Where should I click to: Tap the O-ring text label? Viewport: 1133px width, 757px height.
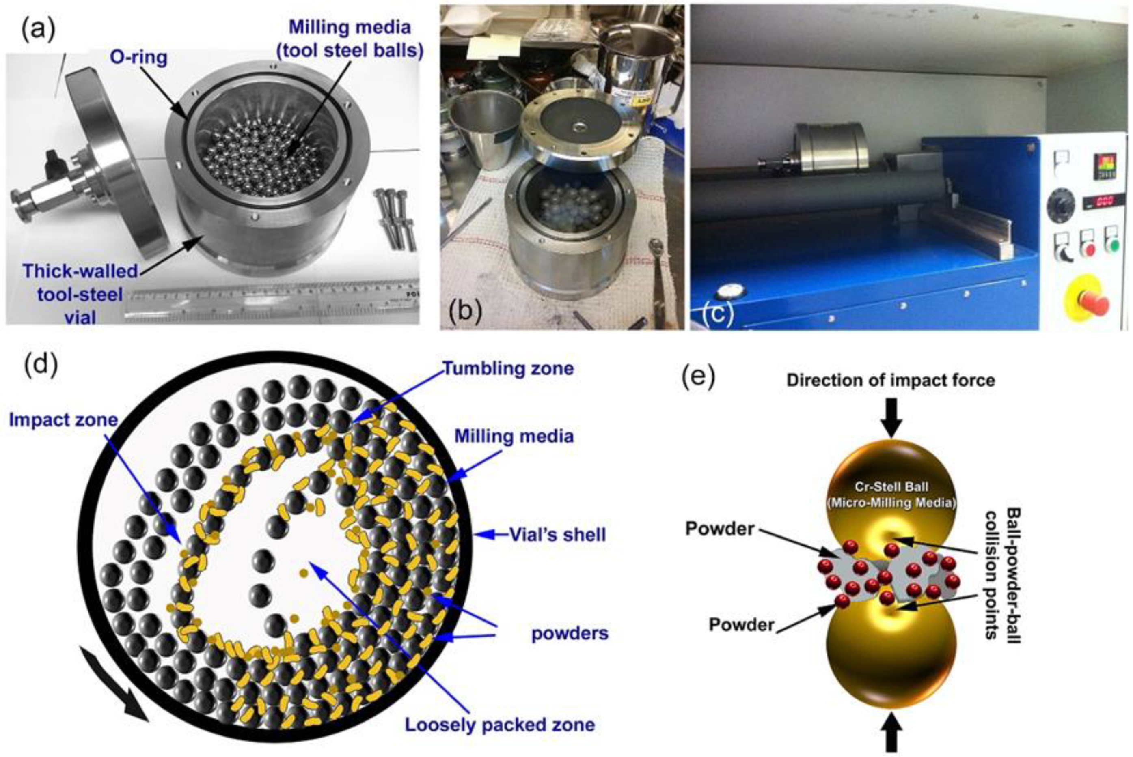[x=138, y=58]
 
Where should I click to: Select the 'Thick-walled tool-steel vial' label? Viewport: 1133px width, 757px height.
[x=80, y=294]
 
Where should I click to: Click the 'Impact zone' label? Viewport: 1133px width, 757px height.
[x=63, y=419]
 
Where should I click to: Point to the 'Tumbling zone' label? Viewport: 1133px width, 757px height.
[x=509, y=368]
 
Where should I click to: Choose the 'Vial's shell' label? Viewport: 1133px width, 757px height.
[x=557, y=534]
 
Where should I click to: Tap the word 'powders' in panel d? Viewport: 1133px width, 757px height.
[x=570, y=633]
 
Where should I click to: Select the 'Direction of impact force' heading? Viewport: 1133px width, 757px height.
[x=891, y=381]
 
